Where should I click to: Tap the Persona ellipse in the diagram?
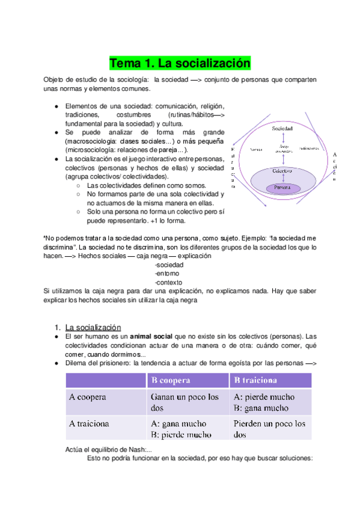(282, 187)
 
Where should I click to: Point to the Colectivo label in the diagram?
(282, 171)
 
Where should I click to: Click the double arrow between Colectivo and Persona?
(282, 179)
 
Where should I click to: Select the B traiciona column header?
(255, 381)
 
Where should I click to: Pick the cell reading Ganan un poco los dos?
(185, 402)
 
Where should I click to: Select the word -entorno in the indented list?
(166, 274)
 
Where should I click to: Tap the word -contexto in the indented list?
(168, 283)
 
